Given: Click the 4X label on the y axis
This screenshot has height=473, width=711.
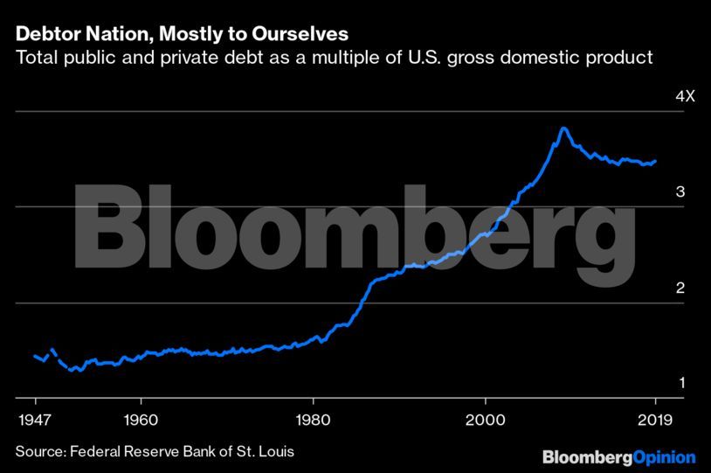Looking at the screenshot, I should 685,96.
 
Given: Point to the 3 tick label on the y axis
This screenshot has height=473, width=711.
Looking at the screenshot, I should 680,192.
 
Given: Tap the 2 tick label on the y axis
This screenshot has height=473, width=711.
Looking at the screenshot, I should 680,289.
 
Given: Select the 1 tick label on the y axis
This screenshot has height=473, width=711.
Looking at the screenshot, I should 680,383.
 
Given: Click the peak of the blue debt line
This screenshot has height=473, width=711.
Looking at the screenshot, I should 564,129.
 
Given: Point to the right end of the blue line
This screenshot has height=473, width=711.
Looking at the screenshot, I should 655,161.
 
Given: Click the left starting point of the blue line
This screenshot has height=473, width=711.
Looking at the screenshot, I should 34,356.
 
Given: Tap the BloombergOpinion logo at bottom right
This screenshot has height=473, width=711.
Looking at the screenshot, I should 618,456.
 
